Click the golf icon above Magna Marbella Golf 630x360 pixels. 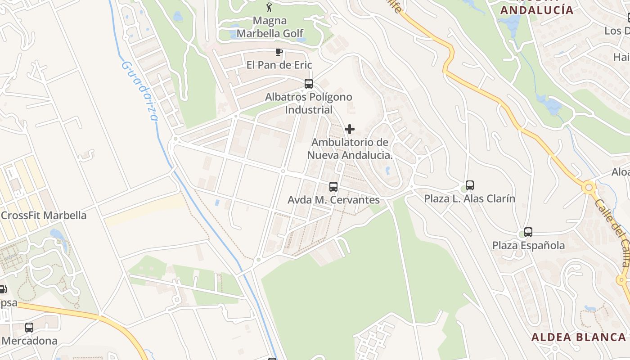click(270, 7)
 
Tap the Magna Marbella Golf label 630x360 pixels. click(270, 27)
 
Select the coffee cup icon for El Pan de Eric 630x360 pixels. click(279, 52)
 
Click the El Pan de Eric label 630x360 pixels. click(279, 65)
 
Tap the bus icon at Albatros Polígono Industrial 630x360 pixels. click(309, 83)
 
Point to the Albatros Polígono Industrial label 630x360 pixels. click(309, 103)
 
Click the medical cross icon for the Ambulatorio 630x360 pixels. click(349, 130)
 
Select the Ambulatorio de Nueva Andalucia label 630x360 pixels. click(350, 148)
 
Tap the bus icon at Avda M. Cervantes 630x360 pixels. click(333, 186)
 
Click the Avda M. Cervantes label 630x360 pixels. click(333, 200)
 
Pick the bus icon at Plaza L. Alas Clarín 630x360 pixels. click(470, 185)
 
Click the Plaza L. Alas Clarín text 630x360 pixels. click(470, 198)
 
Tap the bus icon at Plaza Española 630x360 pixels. click(528, 232)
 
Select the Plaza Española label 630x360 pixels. click(528, 246)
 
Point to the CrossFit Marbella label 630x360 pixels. click(44, 216)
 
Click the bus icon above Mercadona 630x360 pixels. click(29, 328)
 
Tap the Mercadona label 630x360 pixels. click(30, 341)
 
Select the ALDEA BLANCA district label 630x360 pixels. click(578, 337)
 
